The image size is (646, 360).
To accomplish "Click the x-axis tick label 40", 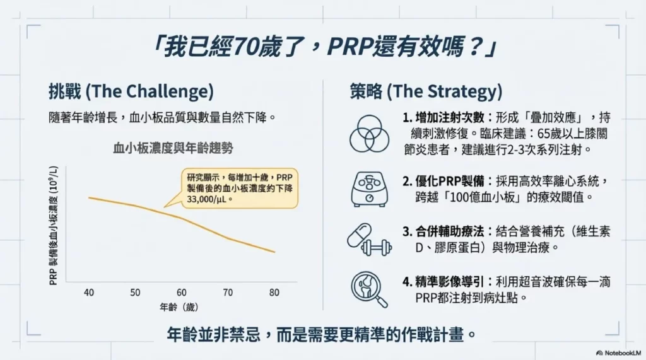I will click(88, 293).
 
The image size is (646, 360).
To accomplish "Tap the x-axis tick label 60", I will click(181, 293).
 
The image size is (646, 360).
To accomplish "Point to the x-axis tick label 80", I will click(273, 293).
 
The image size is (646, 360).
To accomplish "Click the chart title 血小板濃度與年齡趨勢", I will click(173, 148).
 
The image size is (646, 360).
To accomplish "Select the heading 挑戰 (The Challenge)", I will click(131, 92).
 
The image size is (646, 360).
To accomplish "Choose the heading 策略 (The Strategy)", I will click(426, 92).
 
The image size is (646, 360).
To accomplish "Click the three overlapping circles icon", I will click(369, 133).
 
